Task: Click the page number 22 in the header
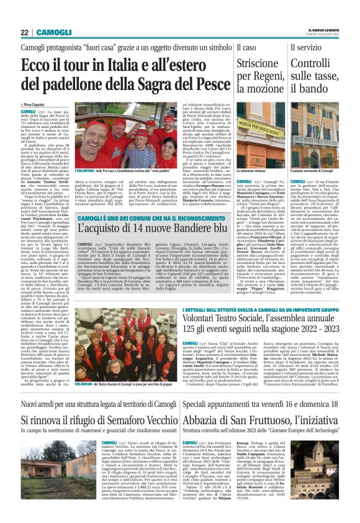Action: point(24,32)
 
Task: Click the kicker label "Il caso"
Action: point(246,48)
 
